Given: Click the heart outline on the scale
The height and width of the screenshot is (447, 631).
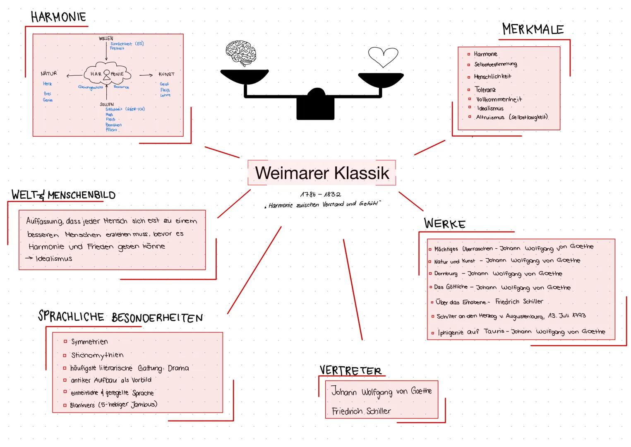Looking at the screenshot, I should (x=383, y=57).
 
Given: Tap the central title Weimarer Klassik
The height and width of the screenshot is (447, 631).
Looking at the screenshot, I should (x=322, y=173).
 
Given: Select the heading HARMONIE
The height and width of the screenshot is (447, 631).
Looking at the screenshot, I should (x=58, y=17).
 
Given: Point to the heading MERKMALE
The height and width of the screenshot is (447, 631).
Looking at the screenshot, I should (x=533, y=29).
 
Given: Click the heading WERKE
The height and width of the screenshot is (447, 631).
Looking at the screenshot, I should (x=445, y=223).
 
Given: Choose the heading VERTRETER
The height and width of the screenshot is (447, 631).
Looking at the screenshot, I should (x=350, y=370).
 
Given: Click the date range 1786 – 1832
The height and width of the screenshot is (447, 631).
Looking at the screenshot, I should (x=321, y=194).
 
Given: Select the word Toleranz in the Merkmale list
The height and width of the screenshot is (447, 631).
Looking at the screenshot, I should (x=485, y=89).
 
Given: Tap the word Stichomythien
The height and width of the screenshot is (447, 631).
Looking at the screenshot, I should (x=97, y=355).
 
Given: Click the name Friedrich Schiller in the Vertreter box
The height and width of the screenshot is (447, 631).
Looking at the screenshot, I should (x=361, y=411).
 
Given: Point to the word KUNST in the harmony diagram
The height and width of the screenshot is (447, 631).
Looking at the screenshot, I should (x=166, y=74).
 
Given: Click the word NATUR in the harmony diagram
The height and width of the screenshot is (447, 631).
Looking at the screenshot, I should (x=49, y=73).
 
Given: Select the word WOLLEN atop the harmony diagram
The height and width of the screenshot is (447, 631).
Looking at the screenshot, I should (x=106, y=38).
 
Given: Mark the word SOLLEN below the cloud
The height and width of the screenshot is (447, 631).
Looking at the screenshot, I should (x=106, y=104).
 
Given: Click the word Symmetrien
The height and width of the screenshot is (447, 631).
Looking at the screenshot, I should (x=89, y=342).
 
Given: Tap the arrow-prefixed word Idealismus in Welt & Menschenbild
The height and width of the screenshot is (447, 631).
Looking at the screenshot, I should (x=54, y=259).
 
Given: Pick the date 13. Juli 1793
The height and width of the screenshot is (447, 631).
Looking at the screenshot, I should (x=566, y=315).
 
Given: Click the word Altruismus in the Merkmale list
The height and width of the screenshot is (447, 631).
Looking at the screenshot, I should (x=490, y=117).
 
